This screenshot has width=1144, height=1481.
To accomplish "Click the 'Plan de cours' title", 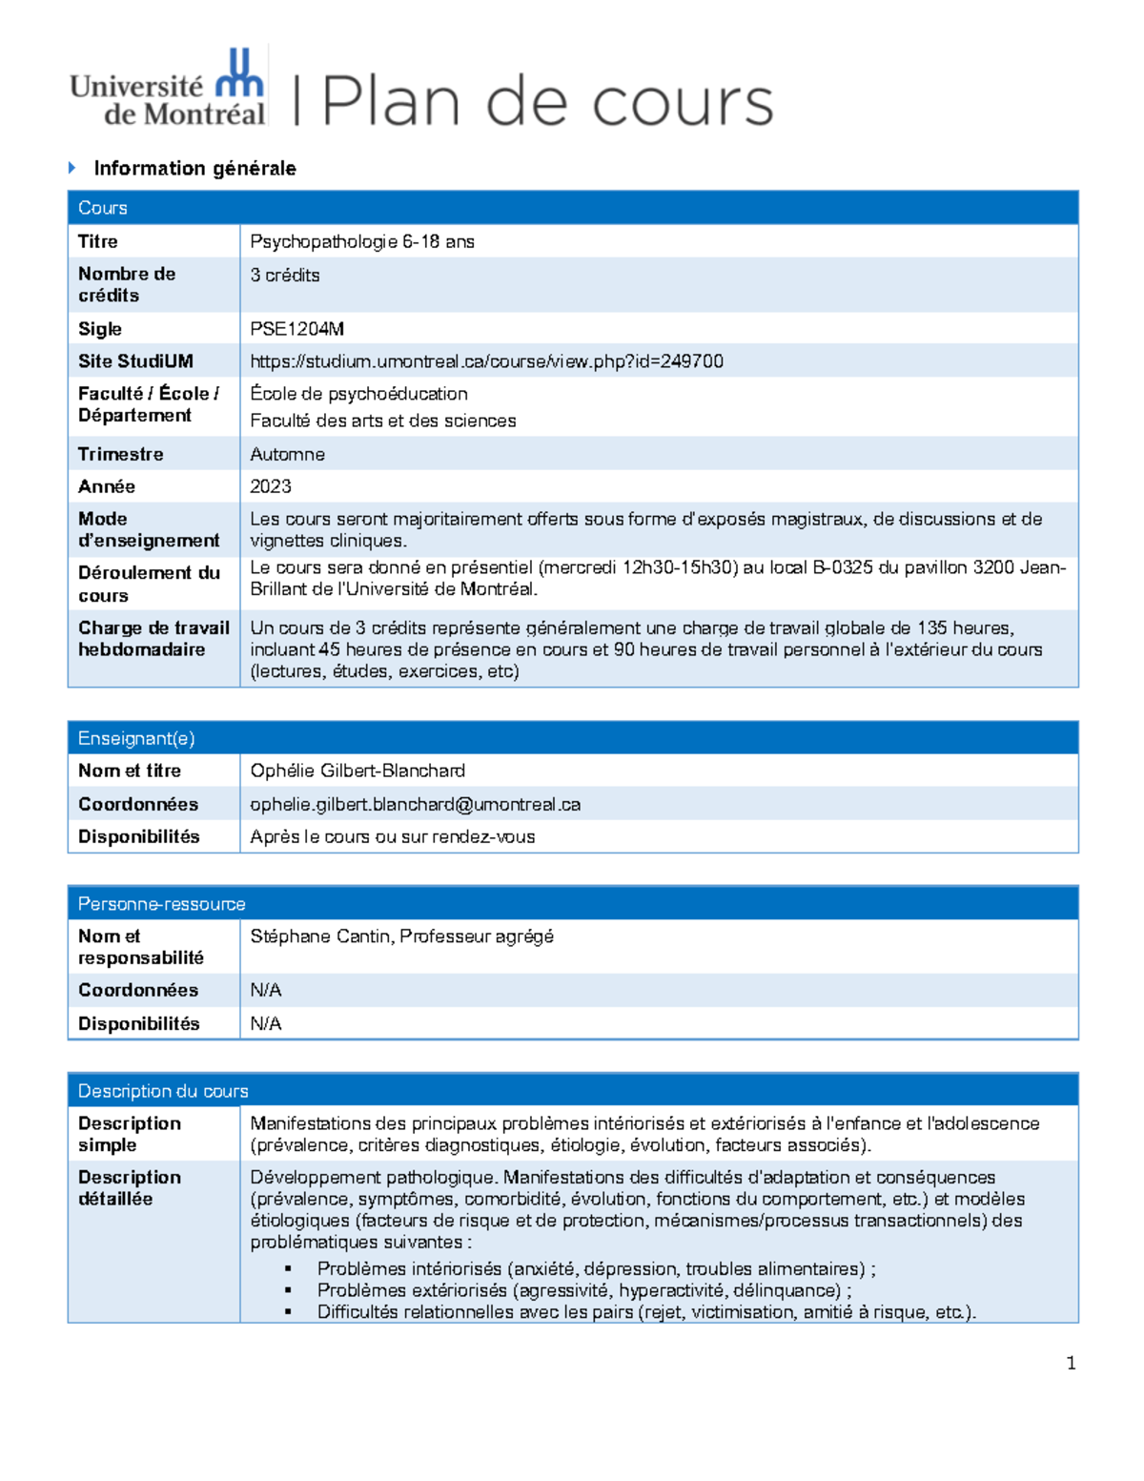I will point(547,102).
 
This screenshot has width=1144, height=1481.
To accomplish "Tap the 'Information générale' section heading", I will point(194,169).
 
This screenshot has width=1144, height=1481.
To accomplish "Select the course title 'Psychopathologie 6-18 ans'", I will point(361,241).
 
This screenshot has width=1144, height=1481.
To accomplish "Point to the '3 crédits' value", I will point(284,275).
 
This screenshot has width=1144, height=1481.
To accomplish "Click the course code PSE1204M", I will point(296,329).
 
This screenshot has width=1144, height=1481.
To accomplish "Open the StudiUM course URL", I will point(486,361).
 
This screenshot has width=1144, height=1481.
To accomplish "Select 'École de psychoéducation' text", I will point(358,394).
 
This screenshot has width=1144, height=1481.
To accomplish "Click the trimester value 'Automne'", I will point(287,454).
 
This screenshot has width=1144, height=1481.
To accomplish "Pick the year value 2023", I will point(270,486).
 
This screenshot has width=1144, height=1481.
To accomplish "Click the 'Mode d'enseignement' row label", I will point(149,529).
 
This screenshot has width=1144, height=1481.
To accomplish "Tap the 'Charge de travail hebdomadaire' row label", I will point(153,638).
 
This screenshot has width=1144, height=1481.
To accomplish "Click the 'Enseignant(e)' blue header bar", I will point(572,738).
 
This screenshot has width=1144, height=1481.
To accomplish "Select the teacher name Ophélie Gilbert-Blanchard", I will point(357,771).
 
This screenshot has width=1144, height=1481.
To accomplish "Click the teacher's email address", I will point(415,804).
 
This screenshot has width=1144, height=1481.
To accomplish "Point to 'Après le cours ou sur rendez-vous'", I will point(392,836).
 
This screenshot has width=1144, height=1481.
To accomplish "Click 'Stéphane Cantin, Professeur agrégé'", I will point(401,936).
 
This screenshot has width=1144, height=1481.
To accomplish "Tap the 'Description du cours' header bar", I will point(572,1090).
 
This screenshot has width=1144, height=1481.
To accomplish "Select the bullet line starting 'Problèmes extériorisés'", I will point(583,1290).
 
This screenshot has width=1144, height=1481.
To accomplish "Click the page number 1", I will point(1071,1363).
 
